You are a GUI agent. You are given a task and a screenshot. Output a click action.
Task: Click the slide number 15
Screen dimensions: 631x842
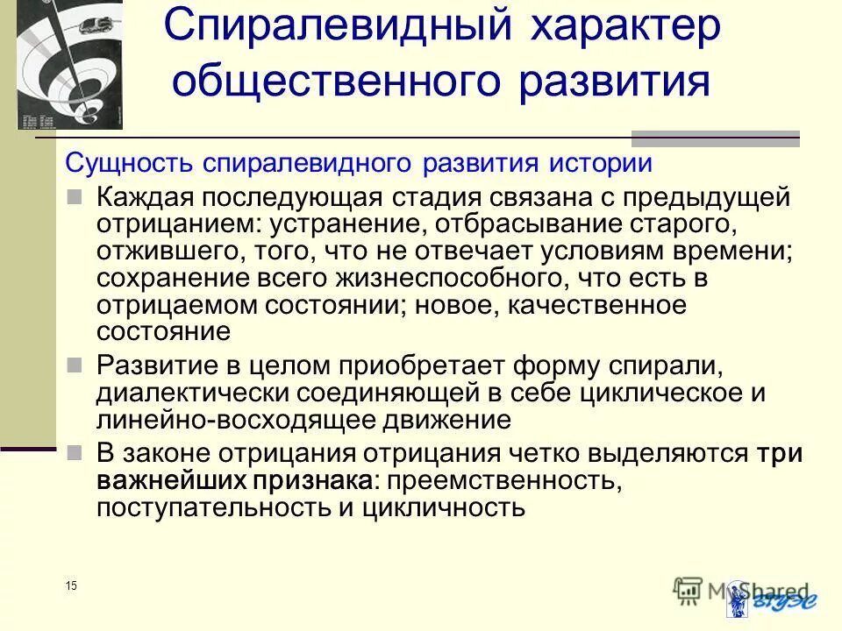[70, 585]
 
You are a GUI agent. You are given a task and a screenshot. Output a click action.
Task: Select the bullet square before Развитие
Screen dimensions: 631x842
[76, 362]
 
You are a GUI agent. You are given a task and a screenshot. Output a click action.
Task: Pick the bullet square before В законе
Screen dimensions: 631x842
[76, 453]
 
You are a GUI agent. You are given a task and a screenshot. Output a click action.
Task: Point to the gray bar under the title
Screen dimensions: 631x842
[716, 137]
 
